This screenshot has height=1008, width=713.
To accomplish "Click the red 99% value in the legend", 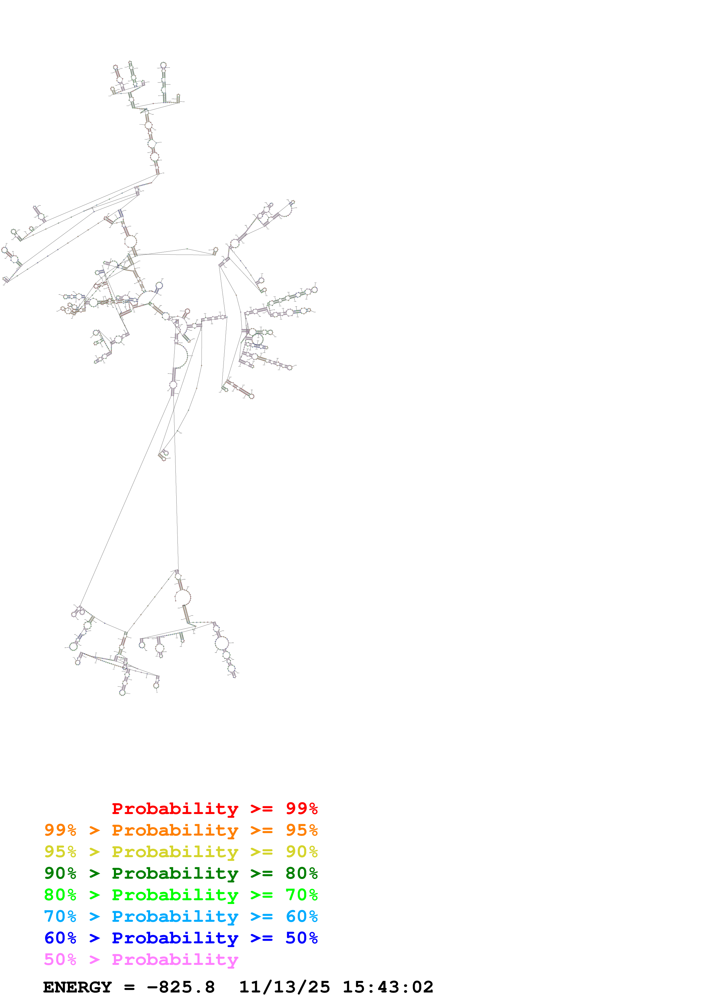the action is coord(301,809).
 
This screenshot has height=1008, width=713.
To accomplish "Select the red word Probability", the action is coord(175,809).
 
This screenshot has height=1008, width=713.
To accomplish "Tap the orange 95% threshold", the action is coord(301,830).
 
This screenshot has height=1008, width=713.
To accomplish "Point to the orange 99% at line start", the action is coord(60,830).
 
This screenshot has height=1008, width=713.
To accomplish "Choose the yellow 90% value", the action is coord(301,852).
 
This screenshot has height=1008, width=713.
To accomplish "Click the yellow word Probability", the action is coord(175,852).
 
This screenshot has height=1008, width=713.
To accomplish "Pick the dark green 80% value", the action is coord(301,873).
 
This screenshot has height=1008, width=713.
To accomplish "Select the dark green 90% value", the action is coord(60,873).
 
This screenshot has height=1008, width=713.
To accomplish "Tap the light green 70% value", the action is coord(301,895).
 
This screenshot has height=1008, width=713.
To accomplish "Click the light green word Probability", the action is coord(175,895).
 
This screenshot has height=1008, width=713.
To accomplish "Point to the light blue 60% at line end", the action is coord(301,916).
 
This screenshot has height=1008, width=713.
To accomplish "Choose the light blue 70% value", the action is coord(60,916).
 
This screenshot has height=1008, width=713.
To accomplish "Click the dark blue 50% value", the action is coord(301,938).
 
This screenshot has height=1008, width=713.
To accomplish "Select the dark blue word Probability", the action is coord(175,938).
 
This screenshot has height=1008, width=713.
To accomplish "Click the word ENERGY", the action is coord(77,987).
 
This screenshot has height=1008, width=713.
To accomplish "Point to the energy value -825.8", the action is coord(181,987).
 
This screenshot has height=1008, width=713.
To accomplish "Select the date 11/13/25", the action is coord(284,987).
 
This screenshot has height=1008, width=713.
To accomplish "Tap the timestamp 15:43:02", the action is coord(388,987).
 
